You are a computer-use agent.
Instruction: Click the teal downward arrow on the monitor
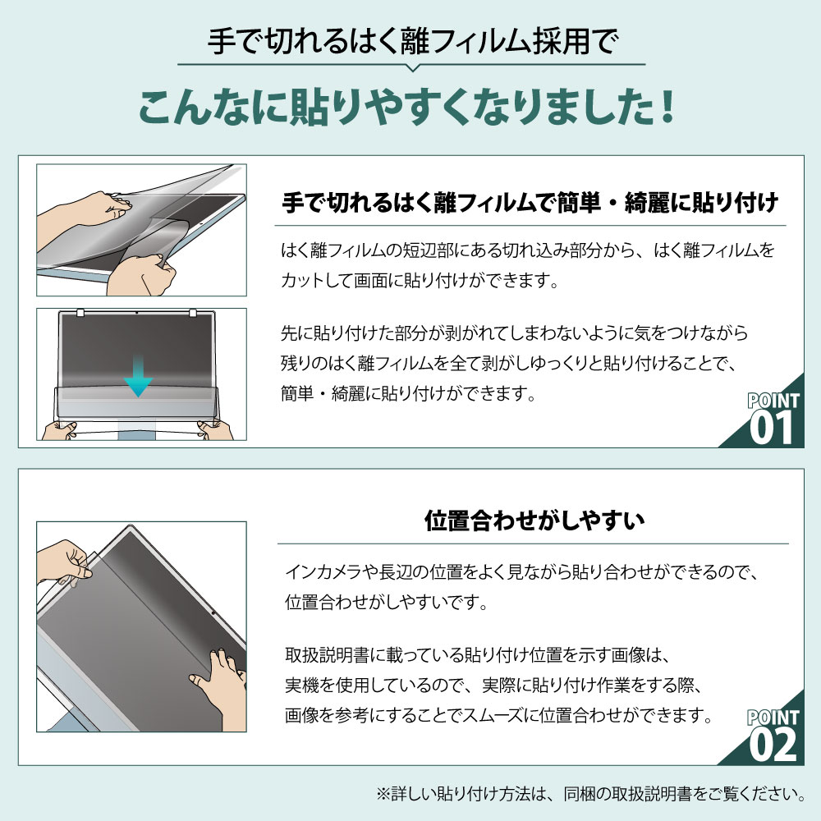tap(138, 375)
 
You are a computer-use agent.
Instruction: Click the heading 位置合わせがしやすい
tap(534, 521)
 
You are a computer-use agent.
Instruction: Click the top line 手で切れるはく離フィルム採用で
tap(412, 41)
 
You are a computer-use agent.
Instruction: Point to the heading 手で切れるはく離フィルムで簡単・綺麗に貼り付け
tap(530, 203)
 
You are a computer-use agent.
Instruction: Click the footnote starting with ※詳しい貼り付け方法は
tap(591, 794)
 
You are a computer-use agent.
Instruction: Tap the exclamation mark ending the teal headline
tap(667, 108)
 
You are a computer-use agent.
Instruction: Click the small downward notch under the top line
tap(413, 67)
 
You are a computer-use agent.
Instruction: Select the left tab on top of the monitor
tap(80, 313)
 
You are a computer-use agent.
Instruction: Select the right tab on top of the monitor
tap(192, 313)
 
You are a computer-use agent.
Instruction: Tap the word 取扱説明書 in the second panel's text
tap(328, 654)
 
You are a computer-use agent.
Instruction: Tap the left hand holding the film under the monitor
tap(58, 430)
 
